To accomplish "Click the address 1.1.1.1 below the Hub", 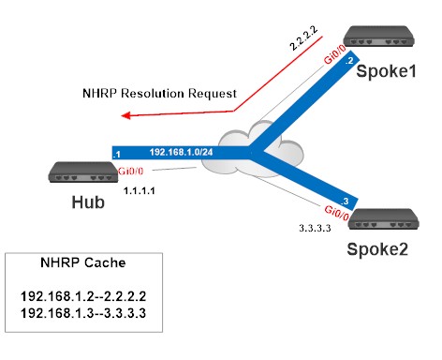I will coord(140,188).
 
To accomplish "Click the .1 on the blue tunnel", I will coord(116,153).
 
